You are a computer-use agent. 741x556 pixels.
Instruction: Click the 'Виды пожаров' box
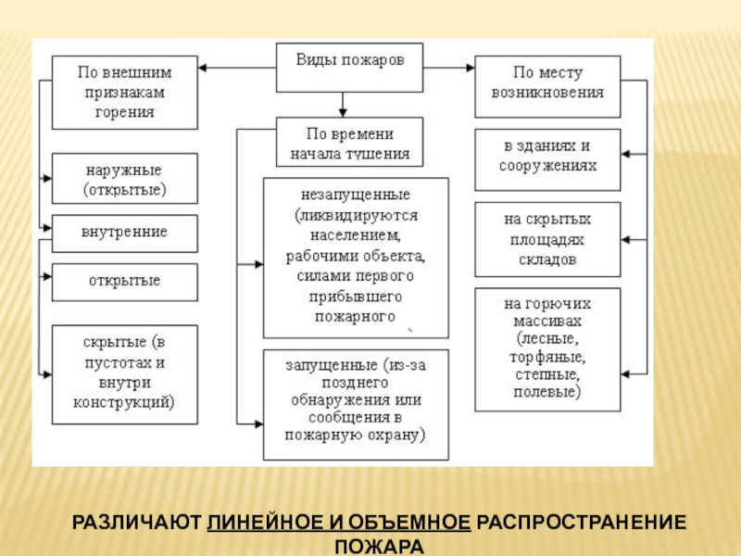[349, 68]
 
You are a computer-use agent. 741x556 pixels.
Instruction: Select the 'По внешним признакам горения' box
[125, 92]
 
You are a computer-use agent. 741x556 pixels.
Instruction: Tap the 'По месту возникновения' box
[547, 86]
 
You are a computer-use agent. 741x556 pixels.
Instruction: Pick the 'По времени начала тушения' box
[349, 142]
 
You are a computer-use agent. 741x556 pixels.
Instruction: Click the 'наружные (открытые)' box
[125, 178]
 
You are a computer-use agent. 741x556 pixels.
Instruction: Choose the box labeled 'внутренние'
[125, 234]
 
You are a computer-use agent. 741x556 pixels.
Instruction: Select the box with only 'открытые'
[125, 283]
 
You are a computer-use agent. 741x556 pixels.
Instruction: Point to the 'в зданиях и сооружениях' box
[547, 159]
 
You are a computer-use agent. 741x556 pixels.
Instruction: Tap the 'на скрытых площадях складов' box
[547, 239]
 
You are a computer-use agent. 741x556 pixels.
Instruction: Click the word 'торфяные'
[547, 357]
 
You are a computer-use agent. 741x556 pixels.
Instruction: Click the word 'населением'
[356, 235]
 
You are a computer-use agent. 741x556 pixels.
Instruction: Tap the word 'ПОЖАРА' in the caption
[379, 547]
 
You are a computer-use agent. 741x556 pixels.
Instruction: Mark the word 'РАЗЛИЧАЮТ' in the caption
[136, 523]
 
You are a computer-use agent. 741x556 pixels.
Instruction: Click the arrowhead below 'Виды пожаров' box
[343, 113]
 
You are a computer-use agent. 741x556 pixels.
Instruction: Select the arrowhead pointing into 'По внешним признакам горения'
[202, 68]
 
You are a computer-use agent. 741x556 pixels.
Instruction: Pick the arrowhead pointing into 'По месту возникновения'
[471, 68]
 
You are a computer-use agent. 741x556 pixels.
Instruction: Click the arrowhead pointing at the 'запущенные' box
[259, 424]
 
